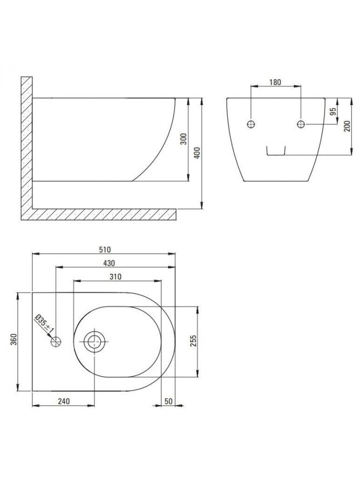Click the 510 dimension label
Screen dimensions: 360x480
tap(104, 250)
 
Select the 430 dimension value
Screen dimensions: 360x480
tap(109, 263)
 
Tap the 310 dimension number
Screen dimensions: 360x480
tap(116, 277)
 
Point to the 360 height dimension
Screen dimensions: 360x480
tap(14, 339)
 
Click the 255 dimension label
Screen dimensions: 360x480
tap(193, 341)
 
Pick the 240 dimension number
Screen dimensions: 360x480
tap(64, 401)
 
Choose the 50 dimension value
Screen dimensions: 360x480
tap(169, 401)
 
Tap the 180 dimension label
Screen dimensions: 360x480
tap(275, 82)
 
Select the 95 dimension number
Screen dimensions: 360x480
tap(333, 111)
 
